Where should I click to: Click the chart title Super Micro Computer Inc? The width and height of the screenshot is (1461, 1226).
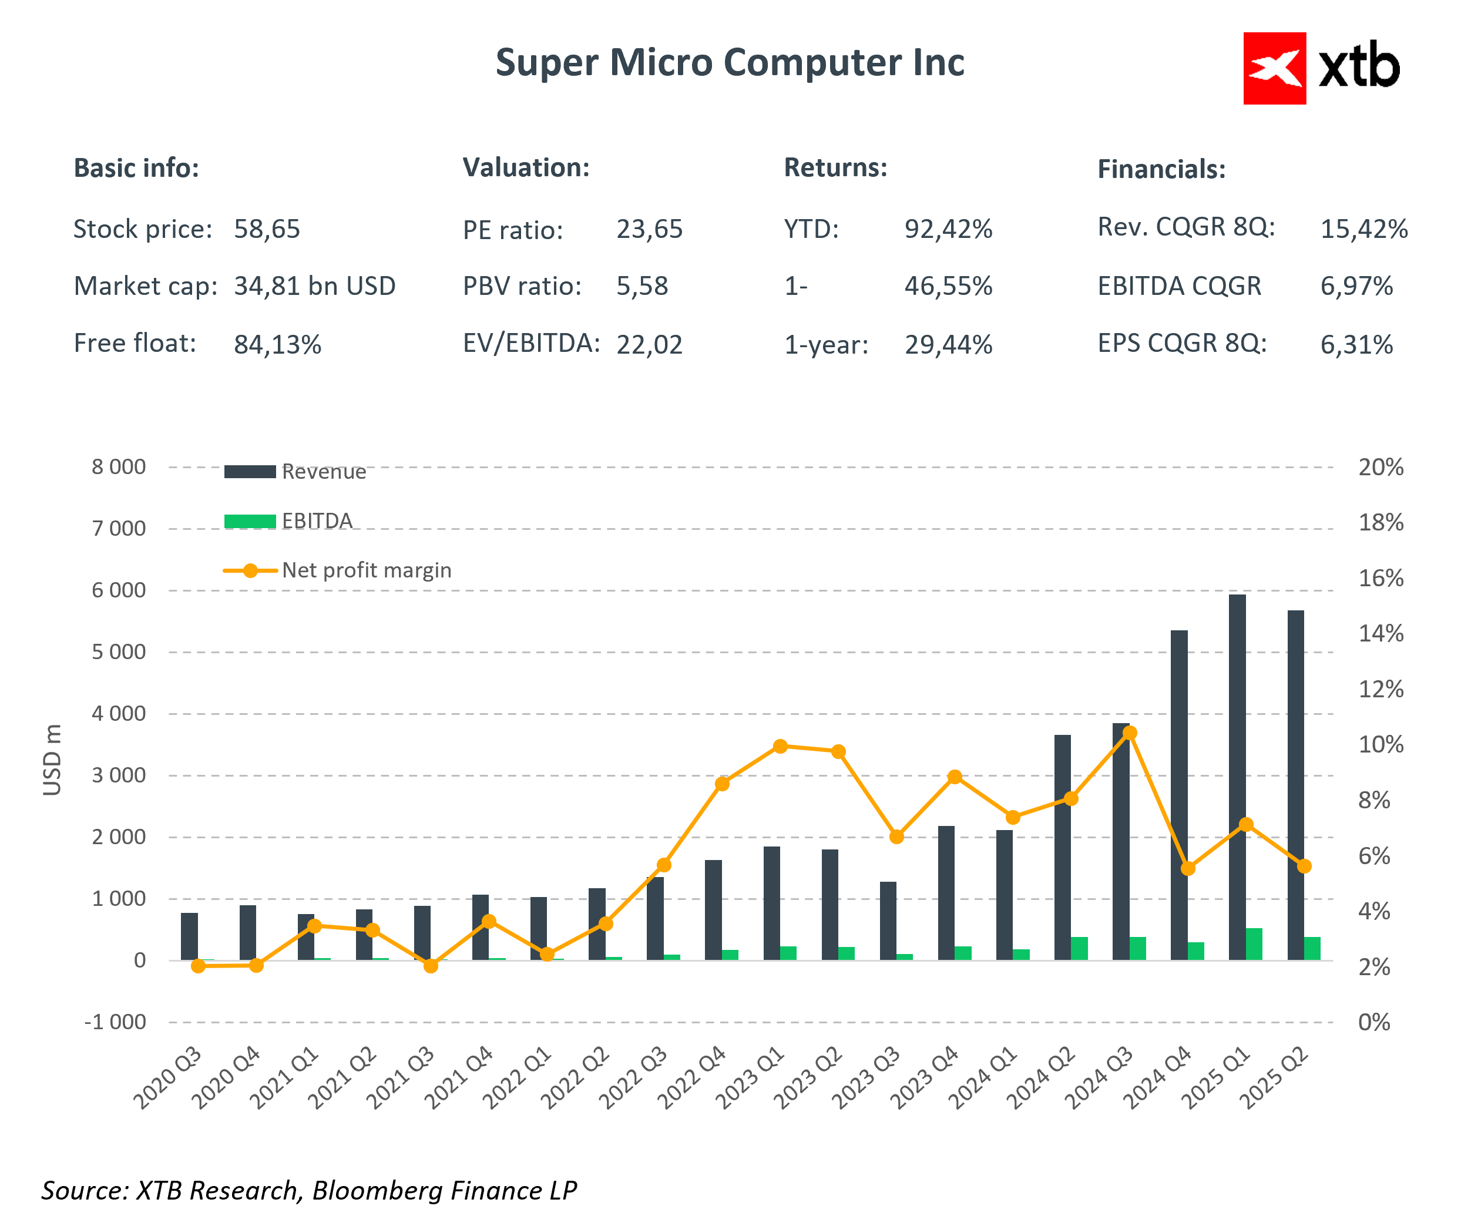point(729,63)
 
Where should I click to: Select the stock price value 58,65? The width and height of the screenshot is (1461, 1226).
point(267,229)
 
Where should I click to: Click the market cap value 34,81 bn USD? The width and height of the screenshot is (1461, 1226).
point(314,286)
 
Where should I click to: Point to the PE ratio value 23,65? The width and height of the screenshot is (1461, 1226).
point(649,229)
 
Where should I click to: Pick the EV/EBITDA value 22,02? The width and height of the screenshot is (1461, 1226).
point(649,344)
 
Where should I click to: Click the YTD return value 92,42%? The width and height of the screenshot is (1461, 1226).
point(948,229)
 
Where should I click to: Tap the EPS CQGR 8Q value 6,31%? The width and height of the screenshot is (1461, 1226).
point(1356,344)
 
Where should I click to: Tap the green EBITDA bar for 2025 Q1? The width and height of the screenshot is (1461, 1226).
point(1254,944)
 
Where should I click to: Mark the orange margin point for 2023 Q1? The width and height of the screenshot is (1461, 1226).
point(781,747)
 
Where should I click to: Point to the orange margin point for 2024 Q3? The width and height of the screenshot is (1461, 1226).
point(1130,733)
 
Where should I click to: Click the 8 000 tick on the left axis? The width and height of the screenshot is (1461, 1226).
point(119,467)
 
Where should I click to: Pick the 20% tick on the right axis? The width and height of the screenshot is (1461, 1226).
point(1381,468)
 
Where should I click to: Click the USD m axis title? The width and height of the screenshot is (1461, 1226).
point(52,759)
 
